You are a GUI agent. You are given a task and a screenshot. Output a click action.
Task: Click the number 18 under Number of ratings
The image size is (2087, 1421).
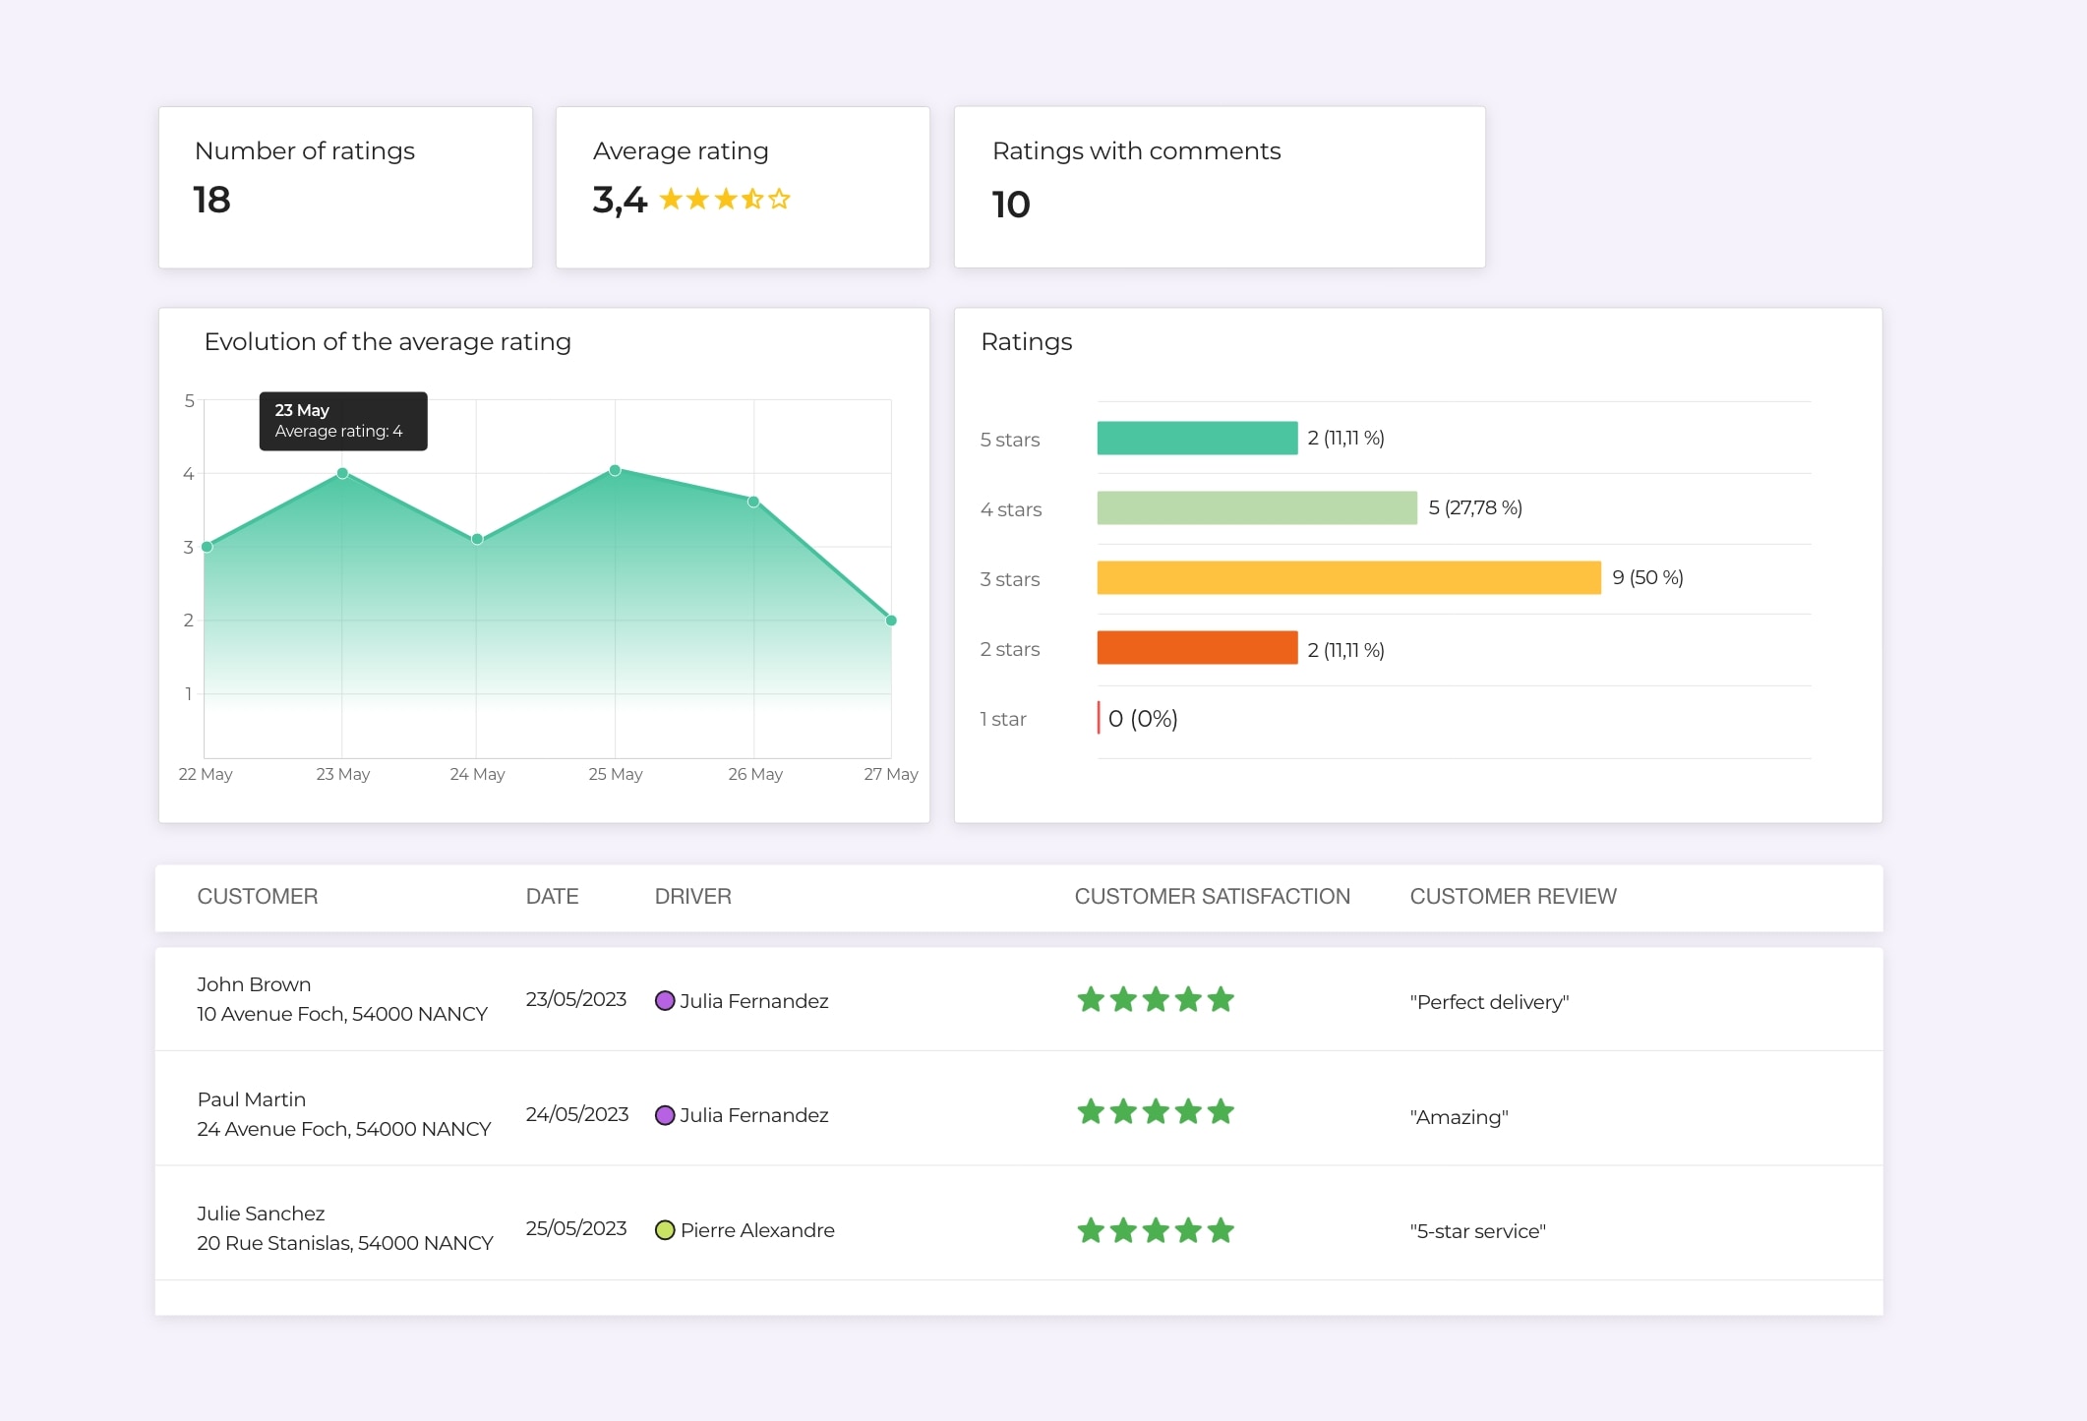tap(211, 200)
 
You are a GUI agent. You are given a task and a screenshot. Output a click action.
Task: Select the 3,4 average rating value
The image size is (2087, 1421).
tap(620, 200)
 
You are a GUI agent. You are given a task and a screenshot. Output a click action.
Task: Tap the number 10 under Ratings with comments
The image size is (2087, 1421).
tap(1010, 205)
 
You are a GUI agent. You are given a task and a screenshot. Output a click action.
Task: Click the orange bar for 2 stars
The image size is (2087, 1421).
tap(1197, 648)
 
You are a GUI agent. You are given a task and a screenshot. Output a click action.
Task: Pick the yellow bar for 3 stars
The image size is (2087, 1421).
tap(1348, 578)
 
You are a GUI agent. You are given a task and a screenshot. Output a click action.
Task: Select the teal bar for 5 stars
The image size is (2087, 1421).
tap(1197, 439)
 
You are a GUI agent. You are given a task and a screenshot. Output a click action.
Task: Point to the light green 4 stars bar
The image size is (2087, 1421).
tap(1257, 508)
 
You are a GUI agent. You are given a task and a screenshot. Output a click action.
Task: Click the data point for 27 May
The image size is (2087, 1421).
tap(891, 621)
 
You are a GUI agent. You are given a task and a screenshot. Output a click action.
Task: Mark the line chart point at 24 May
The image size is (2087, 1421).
tap(477, 539)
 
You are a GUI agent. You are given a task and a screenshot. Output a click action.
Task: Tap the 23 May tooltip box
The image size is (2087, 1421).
tap(342, 421)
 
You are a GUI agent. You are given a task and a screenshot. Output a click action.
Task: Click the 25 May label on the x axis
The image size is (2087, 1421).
tap(616, 774)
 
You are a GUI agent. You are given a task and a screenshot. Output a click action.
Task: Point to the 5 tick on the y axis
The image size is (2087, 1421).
tap(189, 401)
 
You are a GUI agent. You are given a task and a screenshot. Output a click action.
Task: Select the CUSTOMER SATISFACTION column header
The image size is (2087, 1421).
tap(1212, 897)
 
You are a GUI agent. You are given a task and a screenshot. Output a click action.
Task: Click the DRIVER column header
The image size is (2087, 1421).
tap(692, 897)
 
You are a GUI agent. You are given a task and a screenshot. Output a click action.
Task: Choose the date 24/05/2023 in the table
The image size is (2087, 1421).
tap(576, 1114)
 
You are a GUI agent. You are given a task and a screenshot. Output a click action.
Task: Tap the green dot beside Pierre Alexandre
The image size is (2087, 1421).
tap(665, 1230)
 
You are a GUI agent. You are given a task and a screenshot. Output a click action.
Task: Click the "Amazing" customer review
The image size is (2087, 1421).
tap(1459, 1117)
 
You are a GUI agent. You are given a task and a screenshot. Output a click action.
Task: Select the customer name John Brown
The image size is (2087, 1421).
tap(254, 984)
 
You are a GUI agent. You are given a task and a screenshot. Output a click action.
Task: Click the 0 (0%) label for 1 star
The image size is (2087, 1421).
tap(1143, 719)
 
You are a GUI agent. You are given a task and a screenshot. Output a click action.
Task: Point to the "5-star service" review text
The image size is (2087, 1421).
tap(1477, 1231)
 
